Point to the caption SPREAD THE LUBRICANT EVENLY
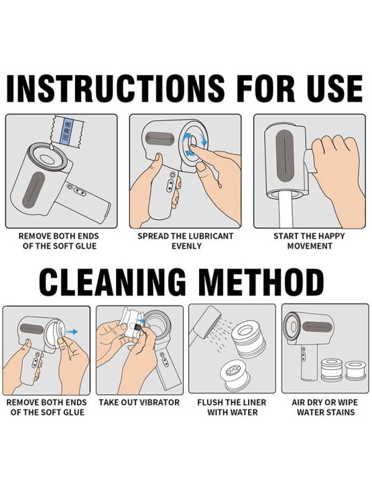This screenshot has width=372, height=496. pyautogui.click(x=185, y=241)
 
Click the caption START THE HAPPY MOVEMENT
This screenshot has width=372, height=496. pyautogui.click(x=309, y=241)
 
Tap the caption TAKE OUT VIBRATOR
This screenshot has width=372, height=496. pyautogui.click(x=139, y=402)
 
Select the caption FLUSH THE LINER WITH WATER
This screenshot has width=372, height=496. pyautogui.click(x=232, y=407)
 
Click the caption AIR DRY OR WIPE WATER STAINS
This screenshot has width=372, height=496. pyautogui.click(x=325, y=407)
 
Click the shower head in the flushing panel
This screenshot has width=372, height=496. pyautogui.click(x=206, y=321)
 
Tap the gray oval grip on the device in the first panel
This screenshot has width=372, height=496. pyautogui.click(x=35, y=189)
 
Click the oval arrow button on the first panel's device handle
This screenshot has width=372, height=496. pyautogui.click(x=80, y=192)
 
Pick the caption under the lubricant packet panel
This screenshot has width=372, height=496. pyautogui.click(x=59, y=241)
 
